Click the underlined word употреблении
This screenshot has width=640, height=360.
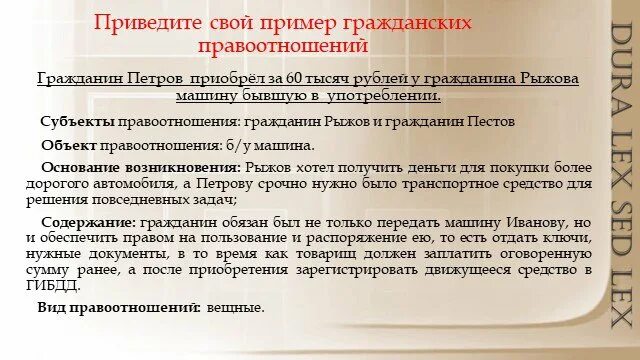(387, 95)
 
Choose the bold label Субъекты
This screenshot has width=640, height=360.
(78, 121)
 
